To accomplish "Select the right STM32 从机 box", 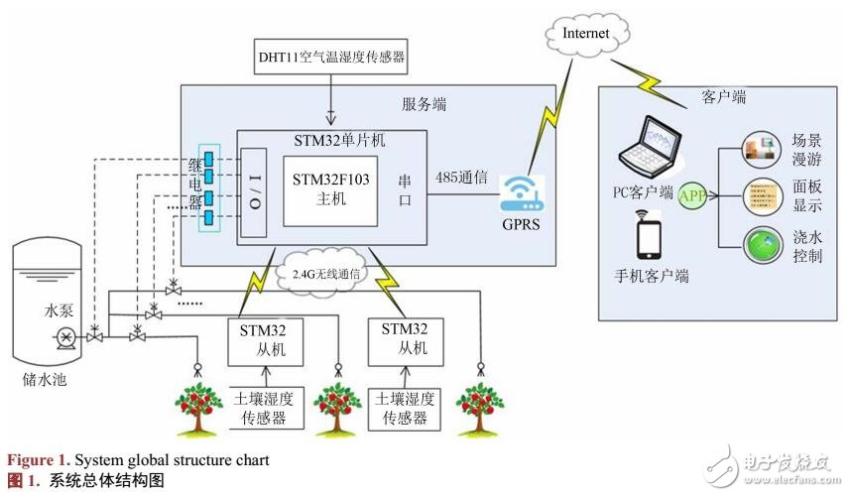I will pyautogui.click(x=404, y=338).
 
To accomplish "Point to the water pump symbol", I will pyautogui.click(x=64, y=337).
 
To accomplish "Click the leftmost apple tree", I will pyautogui.click(x=199, y=408).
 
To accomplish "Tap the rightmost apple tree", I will pyautogui.click(x=481, y=408).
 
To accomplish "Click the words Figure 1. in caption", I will pyautogui.click(x=41, y=460).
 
